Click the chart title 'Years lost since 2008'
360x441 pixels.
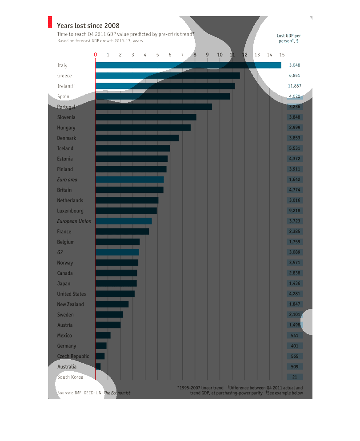88,26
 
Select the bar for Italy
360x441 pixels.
188,65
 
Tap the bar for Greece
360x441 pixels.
168,76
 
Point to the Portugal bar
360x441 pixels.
153,107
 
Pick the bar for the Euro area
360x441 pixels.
129,180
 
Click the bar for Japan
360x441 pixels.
116,283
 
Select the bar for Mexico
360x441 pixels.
103,335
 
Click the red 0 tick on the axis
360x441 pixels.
95,55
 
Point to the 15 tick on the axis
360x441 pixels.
282,55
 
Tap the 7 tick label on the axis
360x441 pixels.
182,55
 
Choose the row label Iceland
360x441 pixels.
65,148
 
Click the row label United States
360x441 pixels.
72,294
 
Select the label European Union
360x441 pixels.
74,221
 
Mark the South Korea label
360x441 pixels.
70,377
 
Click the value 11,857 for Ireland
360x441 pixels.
294,86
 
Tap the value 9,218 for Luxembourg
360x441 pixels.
294,211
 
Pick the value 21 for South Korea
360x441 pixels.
294,377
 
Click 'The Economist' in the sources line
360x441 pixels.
117,393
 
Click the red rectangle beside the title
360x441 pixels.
50,23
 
